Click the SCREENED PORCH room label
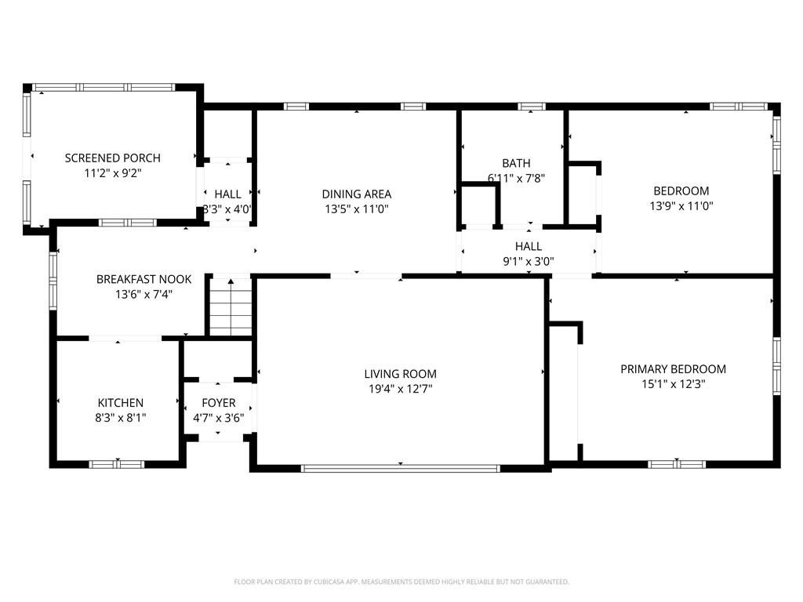112,158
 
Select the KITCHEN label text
120,403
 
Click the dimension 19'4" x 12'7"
400,388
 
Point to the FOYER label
218,403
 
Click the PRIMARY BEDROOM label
673,369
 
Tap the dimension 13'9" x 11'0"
681,206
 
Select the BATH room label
516,163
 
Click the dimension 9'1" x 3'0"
529,262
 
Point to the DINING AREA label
356,194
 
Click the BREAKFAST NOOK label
133,279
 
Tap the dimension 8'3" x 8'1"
120,418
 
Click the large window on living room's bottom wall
400,469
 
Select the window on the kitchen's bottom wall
116,464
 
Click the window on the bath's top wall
532,106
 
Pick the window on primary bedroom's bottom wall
676,464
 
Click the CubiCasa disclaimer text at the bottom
401,582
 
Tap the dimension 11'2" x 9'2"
112,173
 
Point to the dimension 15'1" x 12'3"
673,384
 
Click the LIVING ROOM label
400,374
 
